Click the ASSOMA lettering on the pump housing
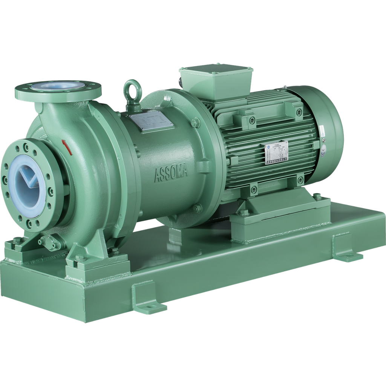pos(171,174)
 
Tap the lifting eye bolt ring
pos(132,90)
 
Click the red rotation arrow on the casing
pos(67,146)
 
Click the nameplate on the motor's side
pos(276,153)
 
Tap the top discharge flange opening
pos(58,87)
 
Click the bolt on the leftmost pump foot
pos(17,240)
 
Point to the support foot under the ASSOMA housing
pos(177,234)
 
